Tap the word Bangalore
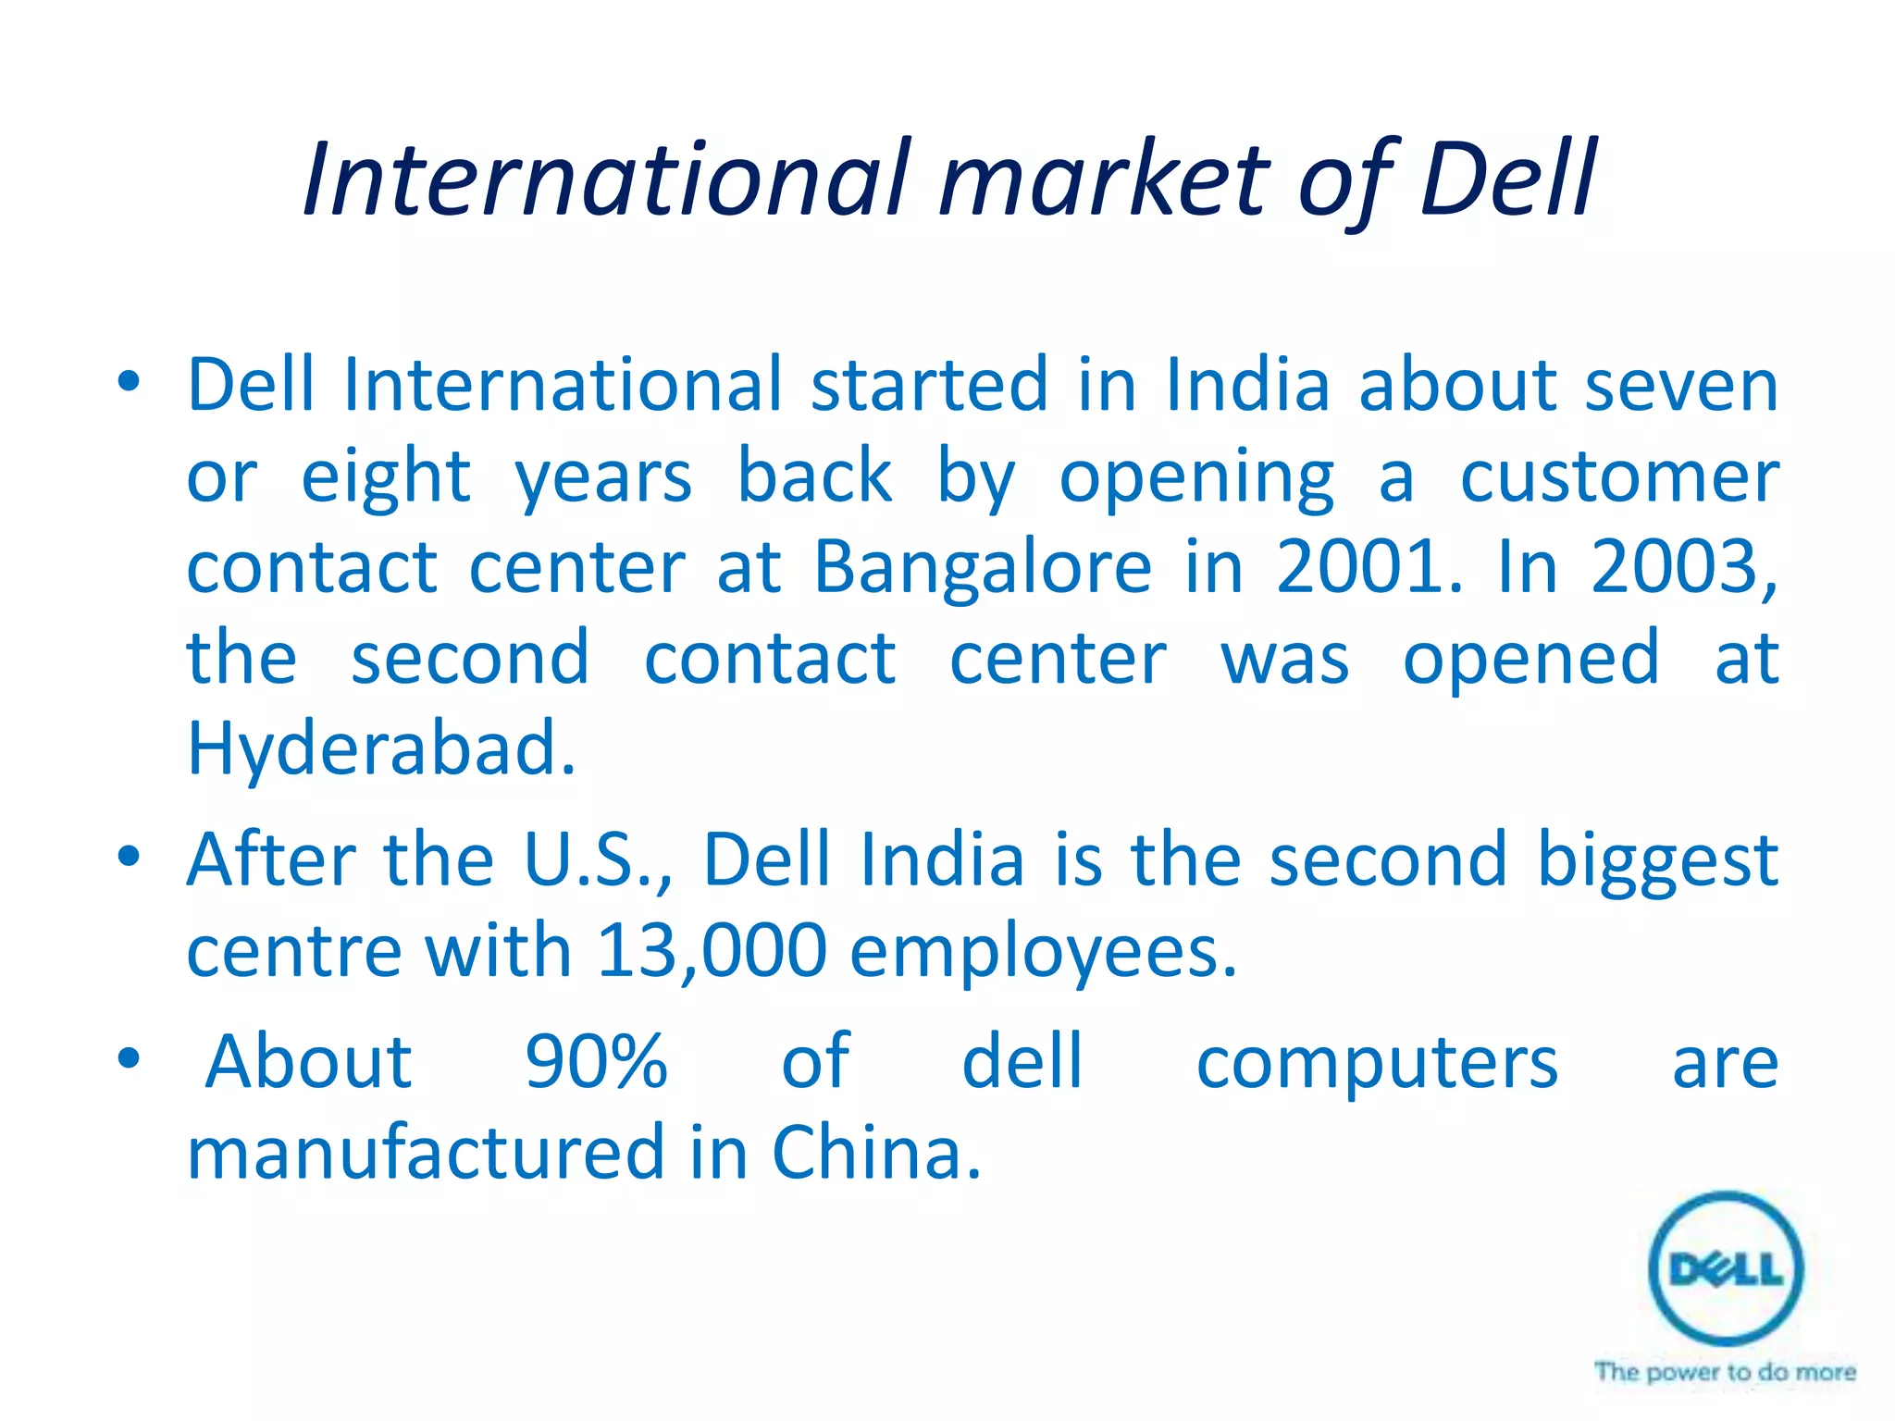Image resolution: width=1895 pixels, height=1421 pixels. [983, 567]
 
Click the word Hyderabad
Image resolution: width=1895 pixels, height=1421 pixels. [380, 748]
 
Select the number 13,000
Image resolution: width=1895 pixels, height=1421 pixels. [712, 950]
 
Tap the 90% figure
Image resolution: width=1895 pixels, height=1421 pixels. [596, 1061]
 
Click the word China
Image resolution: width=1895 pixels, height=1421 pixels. [875, 1153]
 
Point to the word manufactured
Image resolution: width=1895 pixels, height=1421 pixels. [426, 1153]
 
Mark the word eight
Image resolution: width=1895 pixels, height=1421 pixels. [386, 477]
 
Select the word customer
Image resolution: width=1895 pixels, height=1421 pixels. [1619, 477]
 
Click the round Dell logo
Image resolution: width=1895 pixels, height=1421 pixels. [1726, 1268]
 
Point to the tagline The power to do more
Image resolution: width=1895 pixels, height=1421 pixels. [1725, 1371]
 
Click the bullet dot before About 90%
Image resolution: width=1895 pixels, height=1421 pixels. [129, 1056]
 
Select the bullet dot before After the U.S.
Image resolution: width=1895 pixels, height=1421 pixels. [129, 855]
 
